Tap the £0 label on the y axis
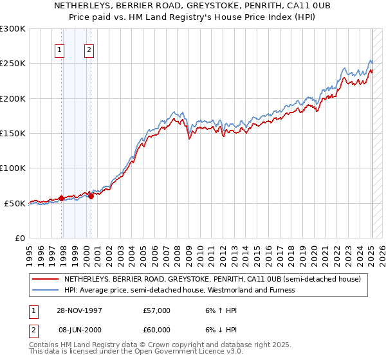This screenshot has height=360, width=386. click(20, 239)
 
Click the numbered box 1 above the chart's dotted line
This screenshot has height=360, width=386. click(59, 50)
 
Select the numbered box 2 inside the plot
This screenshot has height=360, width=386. click(88, 50)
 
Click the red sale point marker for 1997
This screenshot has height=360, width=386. click(62, 198)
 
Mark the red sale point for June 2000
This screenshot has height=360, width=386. click(91, 196)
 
